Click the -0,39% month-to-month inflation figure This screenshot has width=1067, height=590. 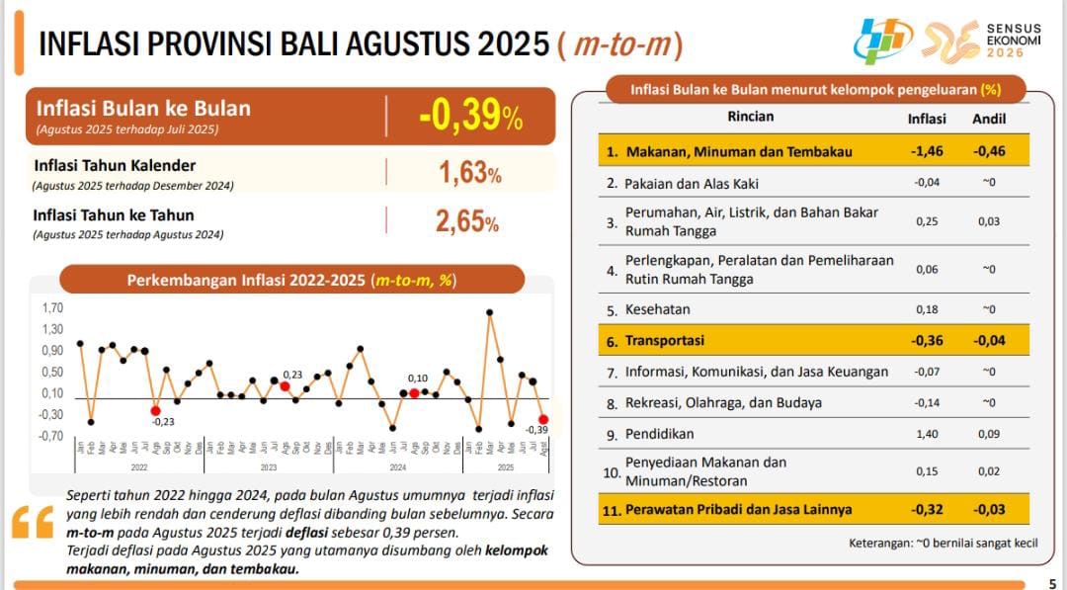click(x=470, y=117)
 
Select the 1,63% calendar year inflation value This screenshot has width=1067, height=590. click(x=469, y=174)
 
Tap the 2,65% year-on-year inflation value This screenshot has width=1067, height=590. click(x=467, y=221)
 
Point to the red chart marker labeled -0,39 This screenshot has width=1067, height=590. click(x=543, y=419)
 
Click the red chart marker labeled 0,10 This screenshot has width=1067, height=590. click(x=415, y=393)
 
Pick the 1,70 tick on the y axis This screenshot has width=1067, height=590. click(x=52, y=308)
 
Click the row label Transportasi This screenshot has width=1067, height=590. click(x=665, y=341)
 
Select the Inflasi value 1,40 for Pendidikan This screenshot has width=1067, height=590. click(x=927, y=434)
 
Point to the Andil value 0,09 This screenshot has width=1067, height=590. click(x=989, y=434)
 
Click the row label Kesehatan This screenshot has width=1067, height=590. click(x=658, y=309)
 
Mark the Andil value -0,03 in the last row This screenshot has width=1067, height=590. click(x=988, y=510)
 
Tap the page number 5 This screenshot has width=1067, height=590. click(x=1051, y=583)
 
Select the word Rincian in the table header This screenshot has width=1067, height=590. click(x=751, y=117)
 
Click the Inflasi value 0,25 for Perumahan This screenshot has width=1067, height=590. click(x=927, y=221)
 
